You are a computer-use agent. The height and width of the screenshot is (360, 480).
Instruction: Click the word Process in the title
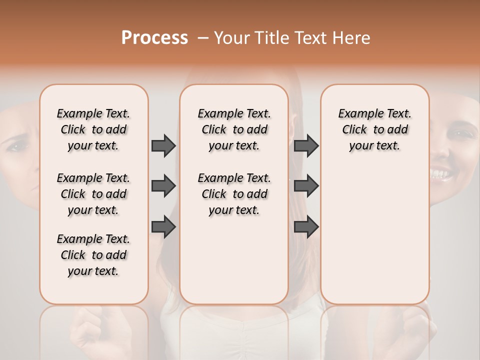point(154,38)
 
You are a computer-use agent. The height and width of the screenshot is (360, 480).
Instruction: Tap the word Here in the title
point(349,38)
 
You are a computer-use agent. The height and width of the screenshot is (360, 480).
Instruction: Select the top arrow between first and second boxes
point(163,145)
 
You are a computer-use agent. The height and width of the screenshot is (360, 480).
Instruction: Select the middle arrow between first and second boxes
point(163,186)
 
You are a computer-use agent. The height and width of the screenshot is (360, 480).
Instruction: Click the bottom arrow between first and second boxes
point(163,227)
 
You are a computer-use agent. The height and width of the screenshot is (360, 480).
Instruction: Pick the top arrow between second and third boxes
point(306,145)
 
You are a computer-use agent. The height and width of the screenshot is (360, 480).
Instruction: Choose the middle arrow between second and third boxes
point(306,186)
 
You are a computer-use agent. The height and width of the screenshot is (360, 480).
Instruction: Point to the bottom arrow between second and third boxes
point(306,227)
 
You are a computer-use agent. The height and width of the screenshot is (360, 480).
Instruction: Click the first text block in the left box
point(93,129)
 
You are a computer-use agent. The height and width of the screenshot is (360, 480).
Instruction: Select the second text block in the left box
point(93,194)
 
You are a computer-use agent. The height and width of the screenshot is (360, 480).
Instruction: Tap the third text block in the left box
point(93,255)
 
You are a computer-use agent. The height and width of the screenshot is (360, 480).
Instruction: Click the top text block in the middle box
point(234,129)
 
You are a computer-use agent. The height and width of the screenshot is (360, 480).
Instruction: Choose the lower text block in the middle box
point(234,194)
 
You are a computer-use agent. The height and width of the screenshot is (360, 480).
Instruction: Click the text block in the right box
point(374,129)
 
